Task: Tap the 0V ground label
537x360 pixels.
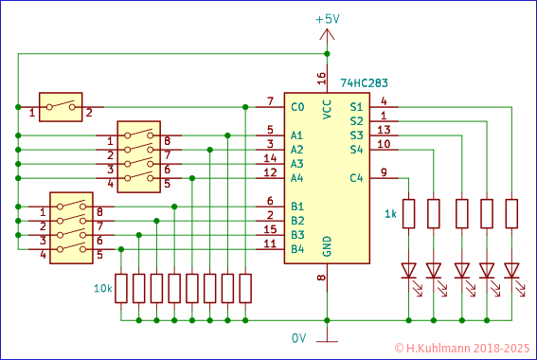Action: click(x=298, y=337)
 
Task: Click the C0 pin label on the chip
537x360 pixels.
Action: click(x=297, y=107)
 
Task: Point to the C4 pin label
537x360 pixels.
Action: click(x=355, y=178)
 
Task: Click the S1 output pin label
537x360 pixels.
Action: click(x=355, y=107)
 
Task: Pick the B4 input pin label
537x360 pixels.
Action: click(x=297, y=249)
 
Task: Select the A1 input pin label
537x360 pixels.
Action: click(x=297, y=135)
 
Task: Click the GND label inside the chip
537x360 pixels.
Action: click(x=328, y=246)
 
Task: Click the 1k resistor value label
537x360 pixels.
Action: click(x=390, y=213)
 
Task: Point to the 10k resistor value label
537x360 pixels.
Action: click(x=102, y=288)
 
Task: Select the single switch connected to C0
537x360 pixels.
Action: click(x=61, y=107)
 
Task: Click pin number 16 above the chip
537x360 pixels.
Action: click(x=321, y=78)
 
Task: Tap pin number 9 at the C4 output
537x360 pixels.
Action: click(x=384, y=171)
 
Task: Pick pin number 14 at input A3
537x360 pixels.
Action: click(x=270, y=158)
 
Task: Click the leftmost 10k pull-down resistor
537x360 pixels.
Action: click(x=121, y=288)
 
